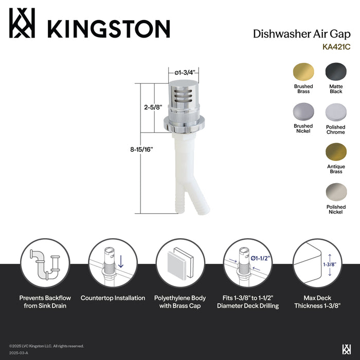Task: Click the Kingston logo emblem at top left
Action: [22, 24]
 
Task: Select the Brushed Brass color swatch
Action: [303, 72]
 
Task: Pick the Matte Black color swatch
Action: [335, 72]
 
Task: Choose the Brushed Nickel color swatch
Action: [303, 112]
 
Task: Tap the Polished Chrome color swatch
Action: [335, 112]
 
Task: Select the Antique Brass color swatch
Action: [335, 153]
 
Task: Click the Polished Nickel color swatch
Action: [335, 193]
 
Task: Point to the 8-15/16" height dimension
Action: [141, 149]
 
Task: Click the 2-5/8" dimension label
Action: [153, 107]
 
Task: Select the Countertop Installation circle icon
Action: [113, 264]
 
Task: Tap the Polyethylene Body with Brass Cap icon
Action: [180, 264]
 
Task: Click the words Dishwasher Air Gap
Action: [299, 34]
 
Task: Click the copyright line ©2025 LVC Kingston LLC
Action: [46, 346]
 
